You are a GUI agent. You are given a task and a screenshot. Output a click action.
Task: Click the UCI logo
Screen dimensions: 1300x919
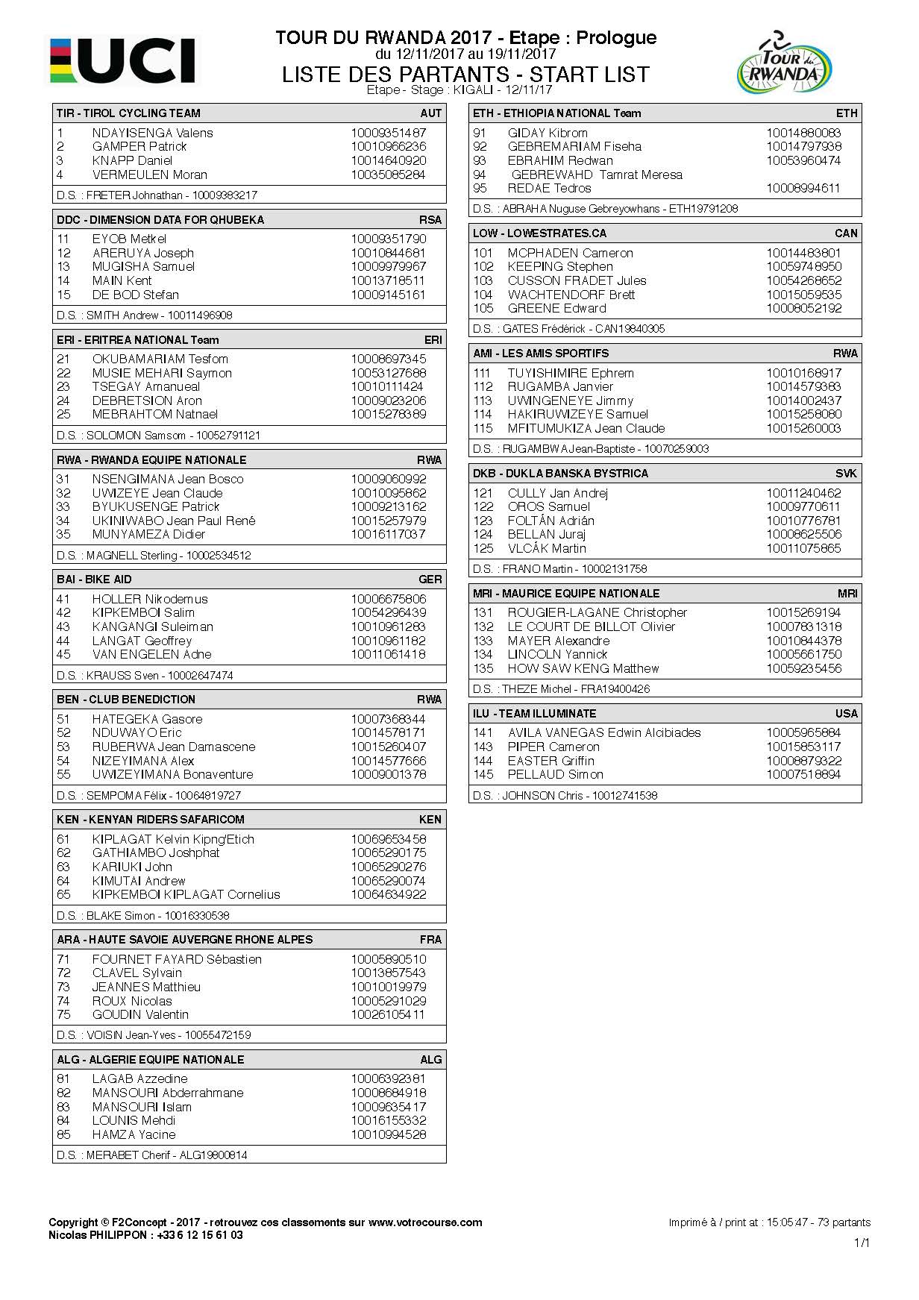coord(123,60)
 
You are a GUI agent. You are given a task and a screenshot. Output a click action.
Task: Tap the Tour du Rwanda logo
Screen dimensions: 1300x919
coord(784,64)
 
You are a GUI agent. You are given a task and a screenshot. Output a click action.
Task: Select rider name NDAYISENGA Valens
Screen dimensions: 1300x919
coord(152,133)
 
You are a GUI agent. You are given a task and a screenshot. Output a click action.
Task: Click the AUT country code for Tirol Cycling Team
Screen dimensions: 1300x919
coord(430,113)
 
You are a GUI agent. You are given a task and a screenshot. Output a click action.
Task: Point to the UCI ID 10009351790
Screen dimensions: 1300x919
coord(388,239)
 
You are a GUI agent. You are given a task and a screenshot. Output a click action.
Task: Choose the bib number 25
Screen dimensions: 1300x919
coord(63,415)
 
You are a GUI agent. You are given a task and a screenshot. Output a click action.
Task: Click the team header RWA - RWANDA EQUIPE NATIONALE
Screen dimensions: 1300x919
coord(151,459)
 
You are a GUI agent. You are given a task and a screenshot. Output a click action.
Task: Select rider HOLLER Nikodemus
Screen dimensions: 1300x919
coord(149,599)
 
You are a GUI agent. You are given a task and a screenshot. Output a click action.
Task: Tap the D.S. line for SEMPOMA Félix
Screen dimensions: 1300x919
coord(148,795)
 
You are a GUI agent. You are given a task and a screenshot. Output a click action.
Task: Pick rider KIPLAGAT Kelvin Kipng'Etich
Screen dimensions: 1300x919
coord(173,839)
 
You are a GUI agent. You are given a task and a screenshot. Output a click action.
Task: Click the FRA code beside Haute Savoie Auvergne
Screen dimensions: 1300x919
coord(430,939)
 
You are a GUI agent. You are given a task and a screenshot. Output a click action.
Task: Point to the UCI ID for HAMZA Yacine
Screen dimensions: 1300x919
coord(388,1134)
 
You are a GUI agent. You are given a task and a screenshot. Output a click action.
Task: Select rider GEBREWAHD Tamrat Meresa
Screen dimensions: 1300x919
coord(596,175)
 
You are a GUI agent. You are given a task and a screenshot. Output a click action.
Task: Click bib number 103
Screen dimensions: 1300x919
coord(483,280)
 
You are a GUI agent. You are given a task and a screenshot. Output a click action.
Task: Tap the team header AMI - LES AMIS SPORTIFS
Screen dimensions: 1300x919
coord(541,353)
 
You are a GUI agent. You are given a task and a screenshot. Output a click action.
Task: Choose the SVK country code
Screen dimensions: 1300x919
coord(846,473)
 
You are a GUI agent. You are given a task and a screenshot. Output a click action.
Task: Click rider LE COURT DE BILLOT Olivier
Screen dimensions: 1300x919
coord(591,627)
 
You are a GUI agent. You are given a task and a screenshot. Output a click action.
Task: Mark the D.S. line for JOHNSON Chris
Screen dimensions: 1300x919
coord(565,795)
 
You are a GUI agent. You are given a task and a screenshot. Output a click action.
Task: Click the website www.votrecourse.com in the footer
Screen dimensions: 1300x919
coord(425,1222)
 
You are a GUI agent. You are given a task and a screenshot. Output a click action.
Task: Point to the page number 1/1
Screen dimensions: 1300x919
coord(862,1243)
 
